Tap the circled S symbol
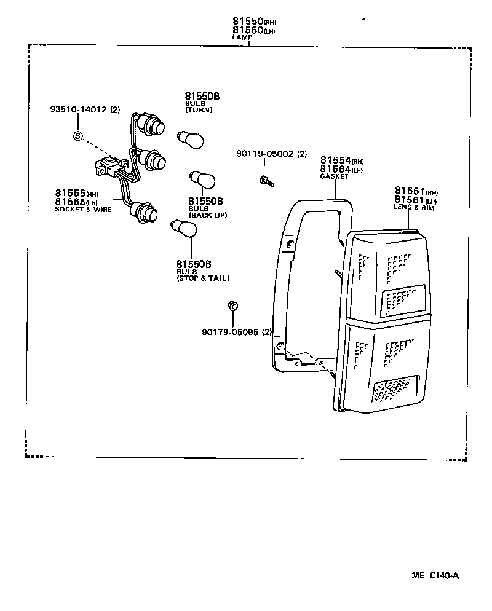tap(77, 136)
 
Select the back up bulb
tap(203, 179)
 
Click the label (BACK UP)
tap(207, 215)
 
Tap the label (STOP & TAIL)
tap(202, 278)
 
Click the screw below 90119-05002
tap(265, 180)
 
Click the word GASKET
tap(334, 176)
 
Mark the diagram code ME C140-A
tap(435, 576)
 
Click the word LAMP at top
tap(242, 37)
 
